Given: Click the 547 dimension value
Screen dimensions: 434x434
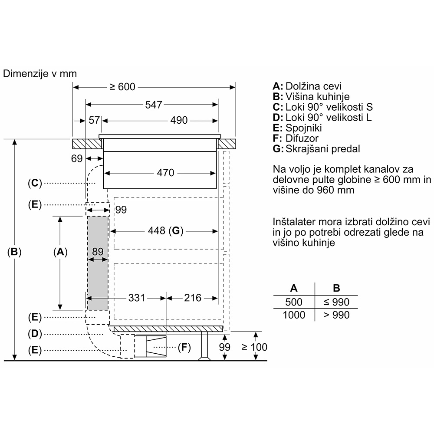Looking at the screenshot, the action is tap(154, 105).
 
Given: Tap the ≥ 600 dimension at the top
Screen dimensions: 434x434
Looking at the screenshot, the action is tap(122, 87).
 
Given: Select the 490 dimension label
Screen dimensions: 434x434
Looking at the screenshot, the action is tap(179, 120).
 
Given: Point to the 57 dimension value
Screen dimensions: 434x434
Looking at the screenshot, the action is tap(94, 120).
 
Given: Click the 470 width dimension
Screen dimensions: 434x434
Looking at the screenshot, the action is tap(165, 173).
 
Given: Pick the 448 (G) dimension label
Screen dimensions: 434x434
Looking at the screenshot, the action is tap(165, 230).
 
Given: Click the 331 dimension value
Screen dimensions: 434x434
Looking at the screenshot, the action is tap(137, 298).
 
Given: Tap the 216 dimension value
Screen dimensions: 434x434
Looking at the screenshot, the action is tap(193, 298).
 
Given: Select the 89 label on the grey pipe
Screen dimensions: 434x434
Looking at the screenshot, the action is tap(98, 252).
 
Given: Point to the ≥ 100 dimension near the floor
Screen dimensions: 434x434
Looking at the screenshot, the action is tap(254, 347).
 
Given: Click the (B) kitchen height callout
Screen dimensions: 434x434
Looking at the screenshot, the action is tap(14, 252).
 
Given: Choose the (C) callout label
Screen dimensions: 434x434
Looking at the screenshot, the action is tap(35, 183).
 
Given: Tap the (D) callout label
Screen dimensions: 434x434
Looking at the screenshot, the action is tap(35, 334).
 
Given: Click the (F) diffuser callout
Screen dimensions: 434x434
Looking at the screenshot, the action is tap(184, 347).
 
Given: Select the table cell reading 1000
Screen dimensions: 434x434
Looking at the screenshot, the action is tap(294, 315).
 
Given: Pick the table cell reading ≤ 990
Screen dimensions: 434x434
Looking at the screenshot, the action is tap(336, 302).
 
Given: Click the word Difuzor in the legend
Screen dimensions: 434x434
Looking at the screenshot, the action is tap(302, 138).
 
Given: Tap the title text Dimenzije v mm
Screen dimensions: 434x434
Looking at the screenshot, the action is tap(40, 74).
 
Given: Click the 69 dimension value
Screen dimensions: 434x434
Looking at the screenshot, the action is tap(77, 158).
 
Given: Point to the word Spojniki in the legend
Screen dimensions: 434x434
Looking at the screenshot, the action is tap(304, 128).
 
